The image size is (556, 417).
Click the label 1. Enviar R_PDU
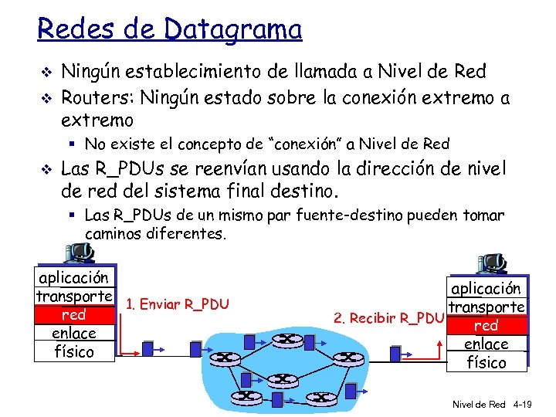pos(177,303)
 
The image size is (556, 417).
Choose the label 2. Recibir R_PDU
pos(388,317)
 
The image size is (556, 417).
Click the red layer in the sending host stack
pos(74,315)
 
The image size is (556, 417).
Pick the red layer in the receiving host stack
pos(486,326)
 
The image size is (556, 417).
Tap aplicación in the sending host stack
pos(74,278)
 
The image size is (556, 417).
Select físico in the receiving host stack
pos(486,362)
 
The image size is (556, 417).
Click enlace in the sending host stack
pos(74,334)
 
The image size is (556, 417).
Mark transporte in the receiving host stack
pos(486,307)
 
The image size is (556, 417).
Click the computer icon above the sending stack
pos(80,252)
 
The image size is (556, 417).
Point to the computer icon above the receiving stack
pos(489,264)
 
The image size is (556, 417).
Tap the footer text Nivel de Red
pos(479,404)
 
